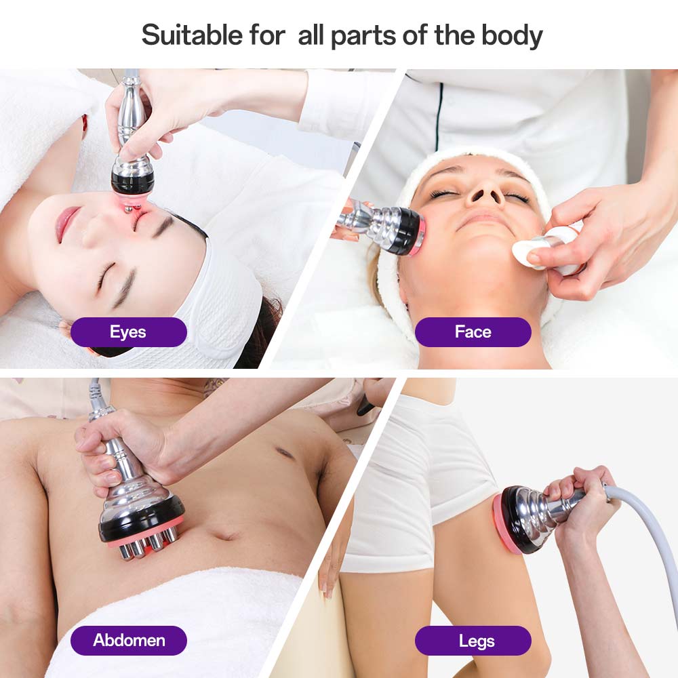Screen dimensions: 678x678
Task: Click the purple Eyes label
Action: pyautogui.click(x=128, y=332)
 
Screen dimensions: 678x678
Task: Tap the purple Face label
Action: pyautogui.click(x=473, y=332)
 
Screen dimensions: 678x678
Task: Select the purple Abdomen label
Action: pyautogui.click(x=128, y=641)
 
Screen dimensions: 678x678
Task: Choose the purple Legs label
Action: pyautogui.click(x=473, y=641)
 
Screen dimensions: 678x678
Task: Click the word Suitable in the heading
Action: pyautogui.click(x=192, y=35)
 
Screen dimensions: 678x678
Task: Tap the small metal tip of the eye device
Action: pyautogui.click(x=129, y=210)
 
